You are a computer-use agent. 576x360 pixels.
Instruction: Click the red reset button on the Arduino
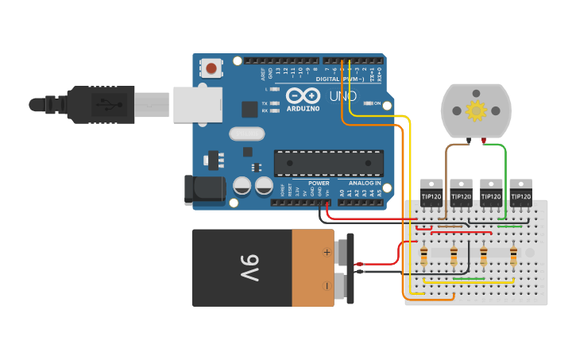[211, 68]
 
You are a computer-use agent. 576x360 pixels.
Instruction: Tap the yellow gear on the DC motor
[476, 110]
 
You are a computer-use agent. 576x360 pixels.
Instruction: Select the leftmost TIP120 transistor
[431, 194]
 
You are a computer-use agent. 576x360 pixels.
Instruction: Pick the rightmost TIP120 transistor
[520, 194]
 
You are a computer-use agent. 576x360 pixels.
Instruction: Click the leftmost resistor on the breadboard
[423, 257]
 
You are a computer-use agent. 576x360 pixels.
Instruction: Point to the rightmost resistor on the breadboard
[513, 257]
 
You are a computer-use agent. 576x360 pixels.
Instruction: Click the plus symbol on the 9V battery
[326, 252]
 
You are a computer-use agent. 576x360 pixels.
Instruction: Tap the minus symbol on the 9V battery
[326, 285]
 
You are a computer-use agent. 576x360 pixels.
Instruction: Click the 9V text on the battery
[249, 268]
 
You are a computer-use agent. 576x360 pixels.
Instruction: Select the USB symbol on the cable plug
[103, 103]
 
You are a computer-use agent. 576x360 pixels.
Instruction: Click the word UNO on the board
[343, 97]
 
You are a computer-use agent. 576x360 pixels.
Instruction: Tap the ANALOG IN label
[364, 183]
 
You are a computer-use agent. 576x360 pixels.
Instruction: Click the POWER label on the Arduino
[319, 183]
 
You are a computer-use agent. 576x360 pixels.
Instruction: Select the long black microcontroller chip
[329, 162]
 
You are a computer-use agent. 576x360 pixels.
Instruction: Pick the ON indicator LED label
[377, 103]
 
